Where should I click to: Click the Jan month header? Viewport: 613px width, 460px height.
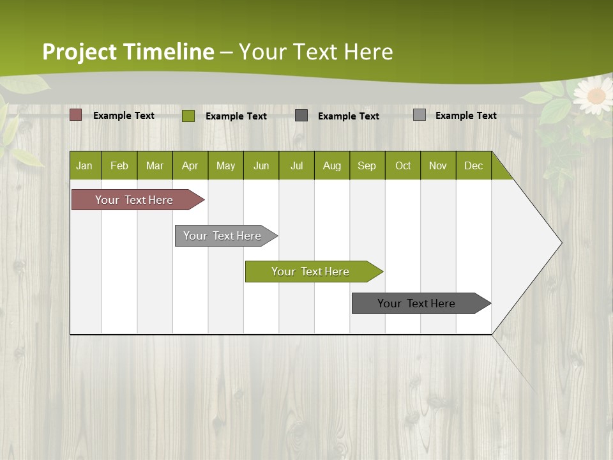(85, 165)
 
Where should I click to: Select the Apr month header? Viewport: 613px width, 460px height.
(190, 165)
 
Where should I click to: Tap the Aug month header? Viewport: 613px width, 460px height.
(332, 165)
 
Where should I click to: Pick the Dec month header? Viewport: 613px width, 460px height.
(473, 165)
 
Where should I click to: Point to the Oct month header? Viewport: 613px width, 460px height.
(403, 165)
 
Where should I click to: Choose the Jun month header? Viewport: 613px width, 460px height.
(261, 165)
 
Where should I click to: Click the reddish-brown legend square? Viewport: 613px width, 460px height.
(76, 115)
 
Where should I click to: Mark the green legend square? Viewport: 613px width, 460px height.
(188, 116)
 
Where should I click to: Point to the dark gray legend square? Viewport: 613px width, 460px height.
(301, 115)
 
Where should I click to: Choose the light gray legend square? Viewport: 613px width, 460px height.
(420, 115)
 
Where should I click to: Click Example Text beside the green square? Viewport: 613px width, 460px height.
(236, 116)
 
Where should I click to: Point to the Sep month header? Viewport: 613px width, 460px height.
(367, 165)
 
